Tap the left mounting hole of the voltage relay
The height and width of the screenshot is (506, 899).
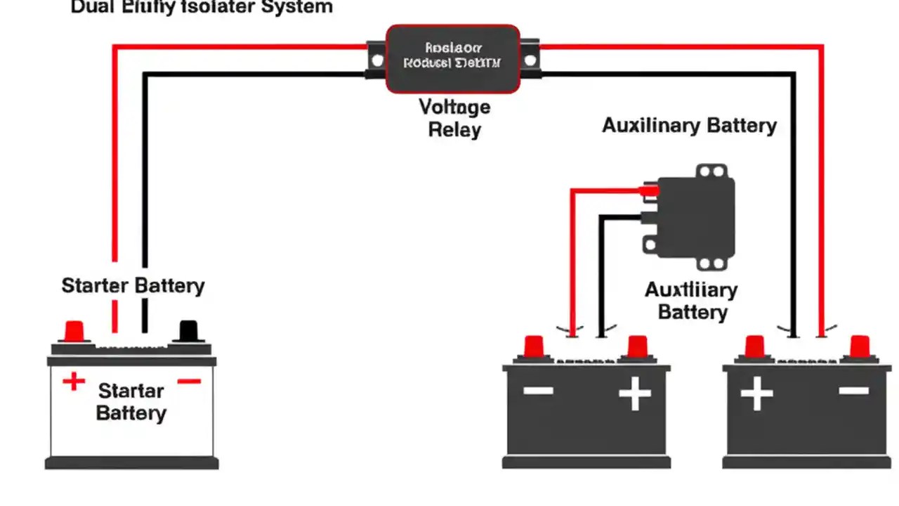pos(377,60)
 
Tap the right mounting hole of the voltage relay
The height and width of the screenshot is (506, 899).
pos(530,60)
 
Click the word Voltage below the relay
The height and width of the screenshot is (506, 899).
pos(454,108)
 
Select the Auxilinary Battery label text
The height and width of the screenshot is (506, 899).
pos(689,126)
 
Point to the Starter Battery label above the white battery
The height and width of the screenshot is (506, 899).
pos(133,286)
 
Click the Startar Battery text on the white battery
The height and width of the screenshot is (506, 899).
pos(131,401)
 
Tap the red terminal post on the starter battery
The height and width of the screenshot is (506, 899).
pos(74,331)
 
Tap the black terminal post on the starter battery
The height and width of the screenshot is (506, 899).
pos(189,331)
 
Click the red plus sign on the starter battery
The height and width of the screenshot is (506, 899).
pos(74,382)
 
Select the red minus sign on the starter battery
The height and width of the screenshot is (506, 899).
pos(189,382)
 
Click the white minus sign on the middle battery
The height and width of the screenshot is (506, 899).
pos(538,391)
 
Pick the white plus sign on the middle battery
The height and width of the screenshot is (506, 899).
pos(635,395)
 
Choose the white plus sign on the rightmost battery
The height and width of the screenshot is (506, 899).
pos(756,394)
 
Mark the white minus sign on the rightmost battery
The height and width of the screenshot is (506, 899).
pos(853,391)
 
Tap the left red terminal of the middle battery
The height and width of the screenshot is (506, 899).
pos(534,346)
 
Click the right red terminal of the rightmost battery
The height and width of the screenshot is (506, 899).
pos(860,346)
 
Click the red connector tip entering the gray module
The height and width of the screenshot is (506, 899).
pos(648,190)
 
